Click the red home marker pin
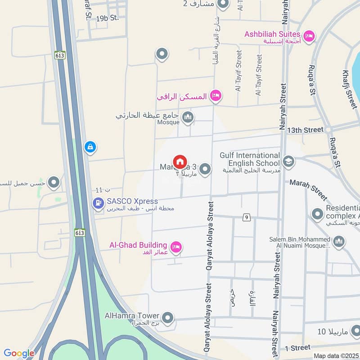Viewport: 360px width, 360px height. pyautogui.click(x=180, y=161)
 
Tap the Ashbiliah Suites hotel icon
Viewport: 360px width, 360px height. pyautogui.click(x=309, y=35)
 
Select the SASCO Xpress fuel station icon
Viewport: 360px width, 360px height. pyautogui.click(x=97, y=204)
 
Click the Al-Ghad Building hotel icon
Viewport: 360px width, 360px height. pyautogui.click(x=176, y=247)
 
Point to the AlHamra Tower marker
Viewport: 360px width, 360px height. pyautogui.click(x=168, y=318)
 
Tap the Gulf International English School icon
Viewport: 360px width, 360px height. pyautogui.click(x=288, y=161)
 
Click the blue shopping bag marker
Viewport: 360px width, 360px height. pyautogui.click(x=90, y=147)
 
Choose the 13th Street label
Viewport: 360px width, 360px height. pyautogui.click(x=305, y=130)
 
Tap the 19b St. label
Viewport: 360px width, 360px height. pyautogui.click(x=107, y=18)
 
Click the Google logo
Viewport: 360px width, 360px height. pyautogui.click(x=19, y=353)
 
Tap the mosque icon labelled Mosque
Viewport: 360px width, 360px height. pyautogui.click(x=188, y=117)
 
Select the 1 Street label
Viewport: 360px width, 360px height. pyautogui.click(x=297, y=348)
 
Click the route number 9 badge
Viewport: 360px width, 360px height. pyautogui.click(x=246, y=218)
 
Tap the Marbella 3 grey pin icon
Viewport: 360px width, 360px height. pyautogui.click(x=205, y=169)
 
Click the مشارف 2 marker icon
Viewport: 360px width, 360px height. pyautogui.click(x=223, y=4)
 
